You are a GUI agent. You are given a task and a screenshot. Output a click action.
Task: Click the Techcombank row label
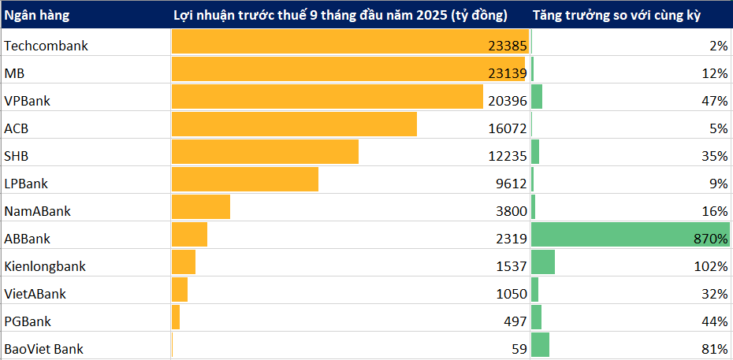click(x=46, y=46)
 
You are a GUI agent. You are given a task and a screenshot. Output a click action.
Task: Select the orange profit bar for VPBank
click(x=327, y=97)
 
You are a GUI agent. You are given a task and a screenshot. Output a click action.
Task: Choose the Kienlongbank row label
click(x=45, y=266)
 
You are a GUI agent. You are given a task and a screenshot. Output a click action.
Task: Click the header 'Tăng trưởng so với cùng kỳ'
click(x=616, y=15)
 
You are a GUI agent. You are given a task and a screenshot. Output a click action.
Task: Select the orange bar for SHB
click(x=265, y=152)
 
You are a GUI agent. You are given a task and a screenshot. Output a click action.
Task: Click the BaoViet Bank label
click(x=43, y=349)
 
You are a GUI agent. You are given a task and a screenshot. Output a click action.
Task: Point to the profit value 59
click(x=519, y=349)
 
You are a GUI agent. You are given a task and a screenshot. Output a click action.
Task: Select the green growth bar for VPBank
click(x=537, y=97)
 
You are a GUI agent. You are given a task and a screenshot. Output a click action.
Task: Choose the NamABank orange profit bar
click(x=201, y=207)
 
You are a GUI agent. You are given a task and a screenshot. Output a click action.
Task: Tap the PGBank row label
click(x=28, y=321)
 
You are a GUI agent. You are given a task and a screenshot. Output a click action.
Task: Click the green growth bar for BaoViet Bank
click(x=541, y=345)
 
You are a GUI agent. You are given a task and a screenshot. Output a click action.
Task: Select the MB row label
click(x=16, y=73)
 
